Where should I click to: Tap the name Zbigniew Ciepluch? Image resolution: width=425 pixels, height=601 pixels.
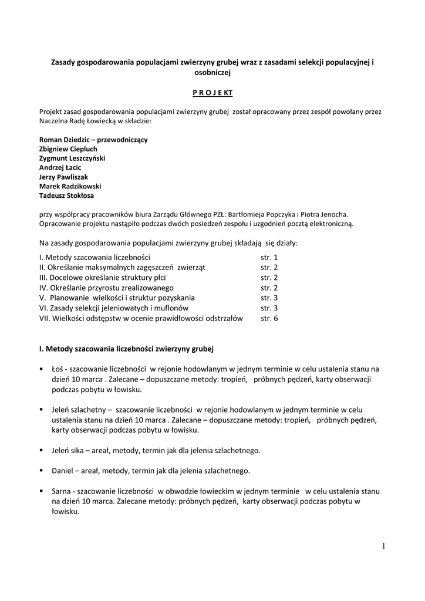[x=68, y=149]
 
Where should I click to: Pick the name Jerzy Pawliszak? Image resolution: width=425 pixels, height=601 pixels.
[x=64, y=177]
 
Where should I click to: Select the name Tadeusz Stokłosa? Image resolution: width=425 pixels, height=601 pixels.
[x=66, y=195]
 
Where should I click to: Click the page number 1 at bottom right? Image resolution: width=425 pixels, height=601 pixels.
[x=383, y=546]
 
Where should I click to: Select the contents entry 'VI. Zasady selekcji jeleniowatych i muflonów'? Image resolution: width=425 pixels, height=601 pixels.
[x=114, y=308]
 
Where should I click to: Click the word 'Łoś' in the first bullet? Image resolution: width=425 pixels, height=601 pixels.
[x=57, y=369]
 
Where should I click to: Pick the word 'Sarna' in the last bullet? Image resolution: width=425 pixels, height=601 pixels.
[x=61, y=491]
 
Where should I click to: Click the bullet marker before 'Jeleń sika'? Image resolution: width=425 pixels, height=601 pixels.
[x=42, y=450]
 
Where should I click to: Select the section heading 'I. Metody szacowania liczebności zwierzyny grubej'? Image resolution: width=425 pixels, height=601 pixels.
[x=126, y=349]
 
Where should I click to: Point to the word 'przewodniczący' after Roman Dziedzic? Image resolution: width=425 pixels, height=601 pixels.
[x=122, y=140]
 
